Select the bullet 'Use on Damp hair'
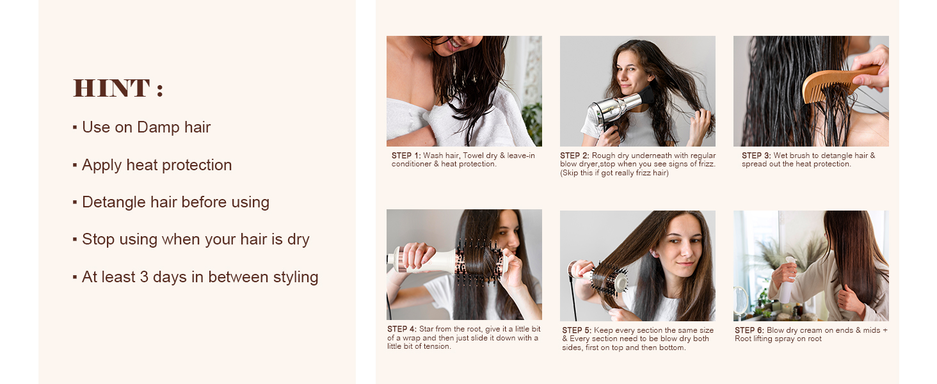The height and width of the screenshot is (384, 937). click(x=146, y=127)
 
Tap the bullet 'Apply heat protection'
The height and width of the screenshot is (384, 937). click(x=157, y=165)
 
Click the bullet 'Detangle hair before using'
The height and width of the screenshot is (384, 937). click(x=175, y=202)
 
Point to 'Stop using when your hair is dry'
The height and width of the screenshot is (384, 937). click(x=195, y=239)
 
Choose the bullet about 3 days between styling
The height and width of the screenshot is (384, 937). click(x=200, y=277)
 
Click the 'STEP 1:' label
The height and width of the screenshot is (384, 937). click(x=406, y=156)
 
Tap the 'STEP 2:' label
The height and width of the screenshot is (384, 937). click(x=575, y=156)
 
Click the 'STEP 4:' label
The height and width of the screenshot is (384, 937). click(x=402, y=330)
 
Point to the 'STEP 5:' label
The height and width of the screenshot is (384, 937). click(x=577, y=331)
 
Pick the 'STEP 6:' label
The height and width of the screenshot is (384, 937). click(x=749, y=331)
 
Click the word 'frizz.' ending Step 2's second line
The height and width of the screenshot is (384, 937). click(x=704, y=164)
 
